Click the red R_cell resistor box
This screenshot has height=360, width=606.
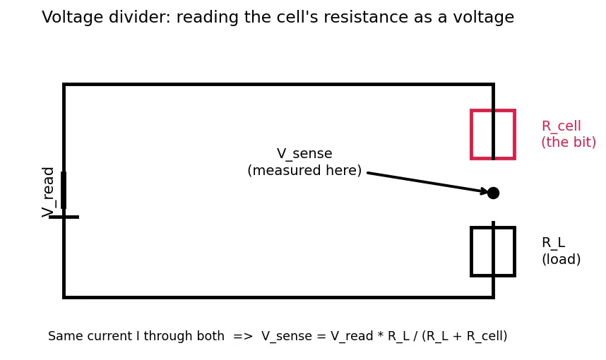click(x=471, y=134)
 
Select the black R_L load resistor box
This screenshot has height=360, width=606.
click(x=471, y=251)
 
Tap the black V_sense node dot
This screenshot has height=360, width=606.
click(x=493, y=193)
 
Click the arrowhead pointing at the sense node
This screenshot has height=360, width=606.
click(x=485, y=191)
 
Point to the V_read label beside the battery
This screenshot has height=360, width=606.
click(x=47, y=192)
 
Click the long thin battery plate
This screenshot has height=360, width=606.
click(x=64, y=217)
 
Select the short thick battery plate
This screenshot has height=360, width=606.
click(x=64, y=190)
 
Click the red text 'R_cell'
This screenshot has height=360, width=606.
click(x=562, y=126)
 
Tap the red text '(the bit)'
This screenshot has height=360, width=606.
click(x=569, y=142)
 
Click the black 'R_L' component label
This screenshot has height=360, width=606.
click(x=554, y=243)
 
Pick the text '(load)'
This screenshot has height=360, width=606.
click(x=562, y=259)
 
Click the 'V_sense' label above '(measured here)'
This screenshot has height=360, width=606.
click(x=304, y=154)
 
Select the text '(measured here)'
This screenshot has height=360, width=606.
click(x=304, y=170)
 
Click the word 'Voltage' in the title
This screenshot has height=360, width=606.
click(x=72, y=18)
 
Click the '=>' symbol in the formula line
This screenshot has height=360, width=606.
click(x=243, y=336)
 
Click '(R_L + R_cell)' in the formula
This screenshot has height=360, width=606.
click(x=465, y=336)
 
